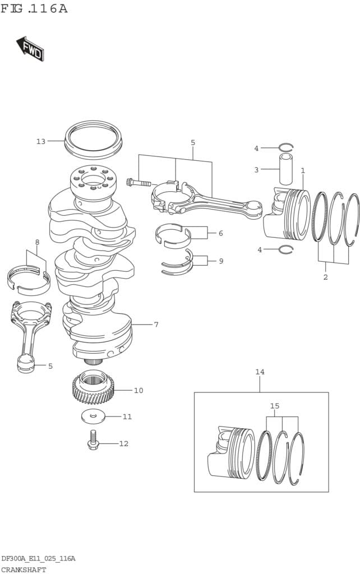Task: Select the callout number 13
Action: [x=40, y=141]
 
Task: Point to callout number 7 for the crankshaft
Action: [x=156, y=325]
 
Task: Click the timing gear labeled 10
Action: [x=93, y=387]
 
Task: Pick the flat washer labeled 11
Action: [x=93, y=416]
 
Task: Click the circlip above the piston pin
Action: [x=286, y=147]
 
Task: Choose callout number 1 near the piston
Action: [x=303, y=170]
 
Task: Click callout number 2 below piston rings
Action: [x=325, y=277]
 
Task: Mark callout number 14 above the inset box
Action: [x=260, y=372]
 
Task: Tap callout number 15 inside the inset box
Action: [x=274, y=406]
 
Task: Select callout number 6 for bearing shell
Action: [x=220, y=233]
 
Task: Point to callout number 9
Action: [x=221, y=261]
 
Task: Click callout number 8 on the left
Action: [x=37, y=242]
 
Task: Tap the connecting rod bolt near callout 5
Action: [x=139, y=182]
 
